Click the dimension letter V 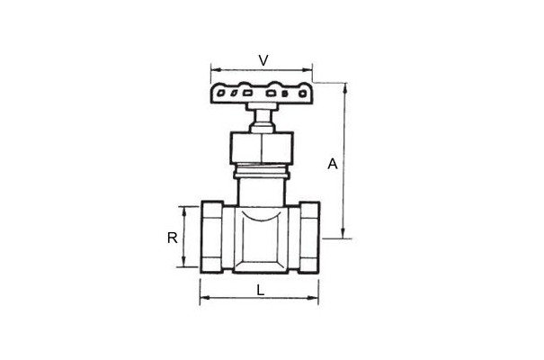click(x=263, y=60)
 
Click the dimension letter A click(x=333, y=164)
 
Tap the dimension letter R click(x=172, y=238)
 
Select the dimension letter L click(x=260, y=290)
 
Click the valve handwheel click(x=262, y=93)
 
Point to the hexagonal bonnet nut click(x=262, y=148)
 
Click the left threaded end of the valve click(x=211, y=238)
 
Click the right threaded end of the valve click(x=309, y=238)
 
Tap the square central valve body click(x=261, y=239)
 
